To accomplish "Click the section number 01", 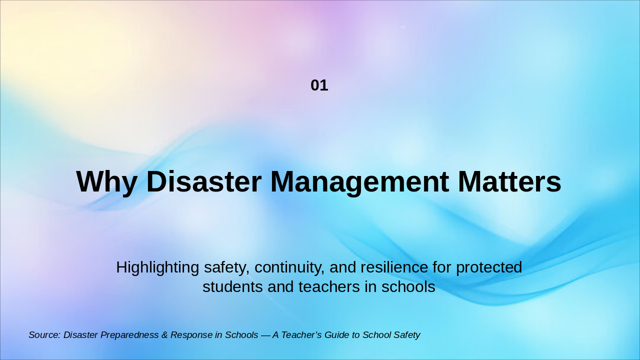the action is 319,85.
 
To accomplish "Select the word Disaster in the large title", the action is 203,181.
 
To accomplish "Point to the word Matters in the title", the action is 509,181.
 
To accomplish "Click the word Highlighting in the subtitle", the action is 157,267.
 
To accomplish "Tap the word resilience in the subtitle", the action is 394,267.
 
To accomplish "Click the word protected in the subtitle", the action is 489,267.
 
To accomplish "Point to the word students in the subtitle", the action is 232,286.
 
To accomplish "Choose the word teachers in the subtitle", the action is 329,286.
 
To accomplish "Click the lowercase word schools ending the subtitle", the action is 408,286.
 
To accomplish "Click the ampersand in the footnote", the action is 164,335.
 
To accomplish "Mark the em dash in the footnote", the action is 265,335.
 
